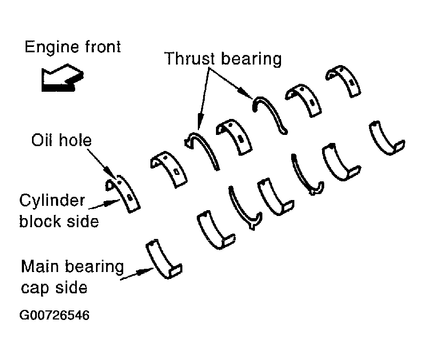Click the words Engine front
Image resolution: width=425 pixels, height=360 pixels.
click(73, 46)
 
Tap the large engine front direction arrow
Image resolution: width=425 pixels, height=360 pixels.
click(62, 78)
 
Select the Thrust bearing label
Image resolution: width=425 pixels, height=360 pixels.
click(223, 59)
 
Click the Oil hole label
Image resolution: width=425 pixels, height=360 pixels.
click(61, 140)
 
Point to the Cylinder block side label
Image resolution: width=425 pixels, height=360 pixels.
click(59, 211)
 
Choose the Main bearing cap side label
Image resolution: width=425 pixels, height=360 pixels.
click(73, 276)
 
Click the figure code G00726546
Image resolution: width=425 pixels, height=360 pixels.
click(54, 315)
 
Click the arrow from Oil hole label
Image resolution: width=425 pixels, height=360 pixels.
click(102, 163)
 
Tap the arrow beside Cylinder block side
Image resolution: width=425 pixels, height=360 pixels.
click(105, 204)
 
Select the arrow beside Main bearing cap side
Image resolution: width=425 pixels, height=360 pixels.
click(137, 273)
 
